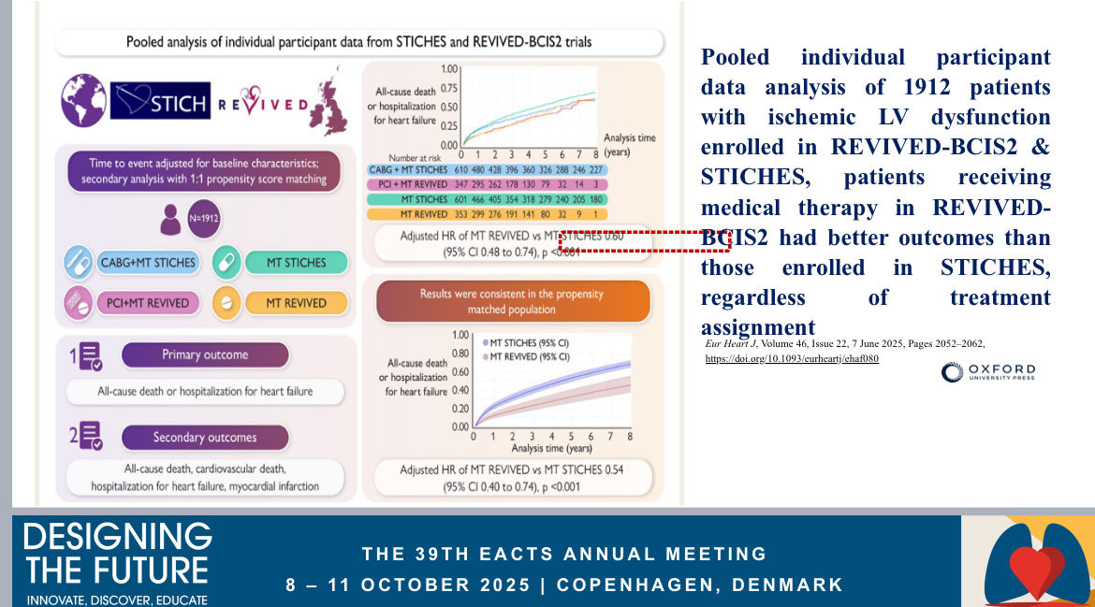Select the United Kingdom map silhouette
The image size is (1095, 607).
click(329, 106)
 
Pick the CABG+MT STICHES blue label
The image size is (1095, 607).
click(147, 263)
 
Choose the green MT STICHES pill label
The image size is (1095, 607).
click(296, 263)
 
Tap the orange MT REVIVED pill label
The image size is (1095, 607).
click(296, 303)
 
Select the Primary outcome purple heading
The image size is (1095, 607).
click(205, 355)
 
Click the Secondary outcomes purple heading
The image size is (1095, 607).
click(205, 437)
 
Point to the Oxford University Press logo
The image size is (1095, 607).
click(988, 373)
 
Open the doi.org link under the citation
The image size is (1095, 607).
click(792, 358)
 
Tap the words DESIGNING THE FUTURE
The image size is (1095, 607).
click(117, 553)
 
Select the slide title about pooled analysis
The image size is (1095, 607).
click(358, 42)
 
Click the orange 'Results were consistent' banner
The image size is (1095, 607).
click(512, 300)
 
